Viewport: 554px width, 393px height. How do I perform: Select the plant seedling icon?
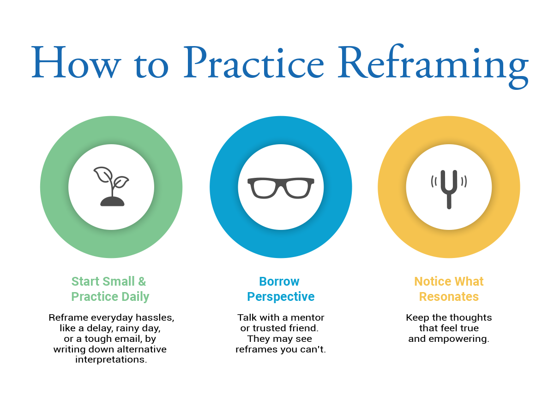[x=111, y=186]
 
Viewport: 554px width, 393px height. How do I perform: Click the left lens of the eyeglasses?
[x=264, y=188]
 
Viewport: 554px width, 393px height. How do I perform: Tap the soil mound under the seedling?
[x=112, y=201]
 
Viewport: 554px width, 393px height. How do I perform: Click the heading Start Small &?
[x=108, y=281]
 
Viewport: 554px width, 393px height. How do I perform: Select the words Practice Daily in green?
[x=110, y=296]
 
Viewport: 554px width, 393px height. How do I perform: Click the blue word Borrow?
[x=279, y=281]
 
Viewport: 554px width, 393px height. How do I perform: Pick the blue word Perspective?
[x=281, y=296]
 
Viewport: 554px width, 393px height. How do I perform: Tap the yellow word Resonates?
[x=449, y=296]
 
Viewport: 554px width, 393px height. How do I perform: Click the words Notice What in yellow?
[x=449, y=281]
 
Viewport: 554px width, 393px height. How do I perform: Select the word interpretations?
[x=111, y=359]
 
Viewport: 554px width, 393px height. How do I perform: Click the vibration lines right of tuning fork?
[x=464, y=182]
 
